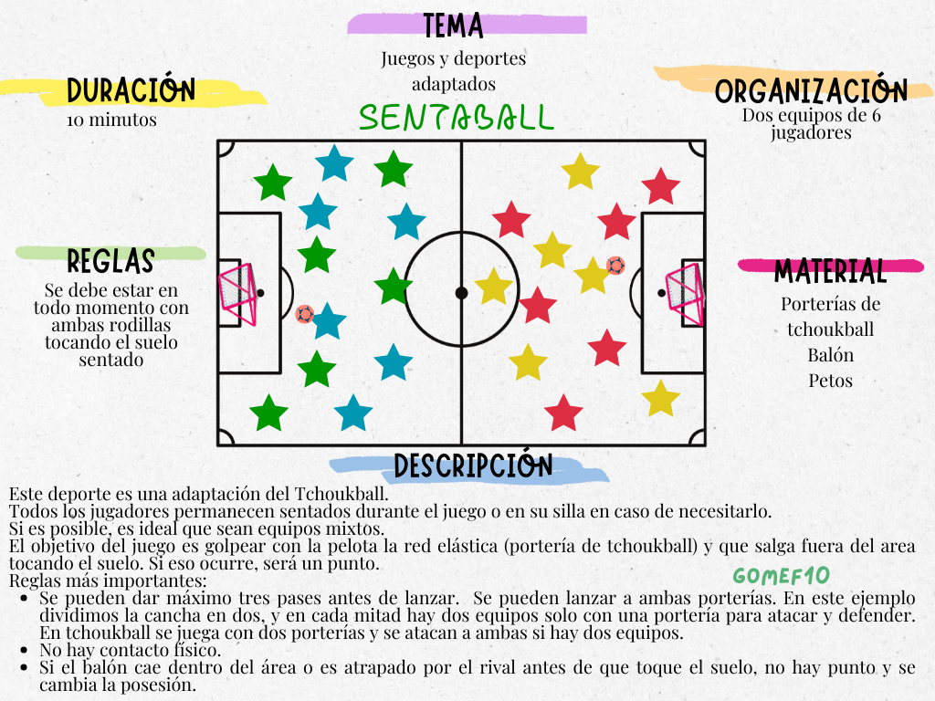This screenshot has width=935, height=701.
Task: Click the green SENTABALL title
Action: tap(456, 117)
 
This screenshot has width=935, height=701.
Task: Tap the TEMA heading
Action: tap(453, 26)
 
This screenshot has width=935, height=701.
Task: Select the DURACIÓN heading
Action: tap(131, 90)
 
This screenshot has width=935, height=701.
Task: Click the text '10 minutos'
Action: tap(111, 120)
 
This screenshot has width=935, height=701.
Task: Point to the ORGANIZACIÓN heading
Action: tap(811, 91)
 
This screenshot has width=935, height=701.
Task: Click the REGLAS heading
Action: tap(110, 262)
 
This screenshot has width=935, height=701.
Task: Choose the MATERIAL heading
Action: tap(830, 271)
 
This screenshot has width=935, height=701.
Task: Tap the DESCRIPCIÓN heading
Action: tap(473, 466)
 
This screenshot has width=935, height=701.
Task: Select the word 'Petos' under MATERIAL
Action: tap(830, 381)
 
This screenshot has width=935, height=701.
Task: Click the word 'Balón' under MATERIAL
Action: tap(830, 355)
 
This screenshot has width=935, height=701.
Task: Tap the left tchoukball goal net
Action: tap(236, 293)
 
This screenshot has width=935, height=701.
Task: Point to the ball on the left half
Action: tap(305, 314)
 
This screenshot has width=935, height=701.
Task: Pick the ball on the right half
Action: tap(616, 266)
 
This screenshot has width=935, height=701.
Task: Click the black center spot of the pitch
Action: tap(461, 293)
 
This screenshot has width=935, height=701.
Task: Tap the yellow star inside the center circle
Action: tap(493, 286)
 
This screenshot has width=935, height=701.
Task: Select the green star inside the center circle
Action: tap(394, 286)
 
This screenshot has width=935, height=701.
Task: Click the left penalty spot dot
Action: tap(260, 293)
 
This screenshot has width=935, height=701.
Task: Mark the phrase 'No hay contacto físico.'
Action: tap(131, 651)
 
